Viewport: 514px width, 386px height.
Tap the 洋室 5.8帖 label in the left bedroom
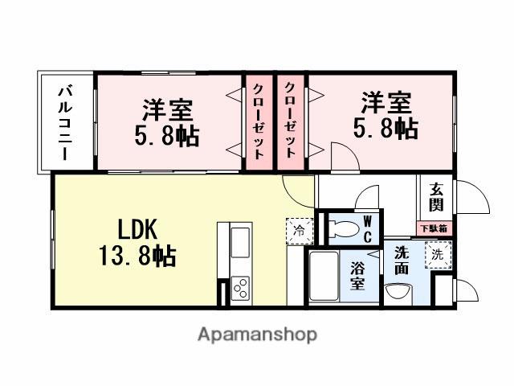(169, 121)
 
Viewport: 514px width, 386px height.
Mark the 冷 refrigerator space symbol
(299, 231)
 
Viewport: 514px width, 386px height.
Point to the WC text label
(366, 228)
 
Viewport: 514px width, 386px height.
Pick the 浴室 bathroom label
(357, 276)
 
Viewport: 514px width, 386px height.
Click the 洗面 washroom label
(401, 260)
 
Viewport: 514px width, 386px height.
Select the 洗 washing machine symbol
(437, 254)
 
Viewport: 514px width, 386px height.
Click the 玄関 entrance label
(436, 196)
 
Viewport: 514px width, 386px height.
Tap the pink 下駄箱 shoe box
(435, 228)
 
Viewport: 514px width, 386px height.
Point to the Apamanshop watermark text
(256, 334)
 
